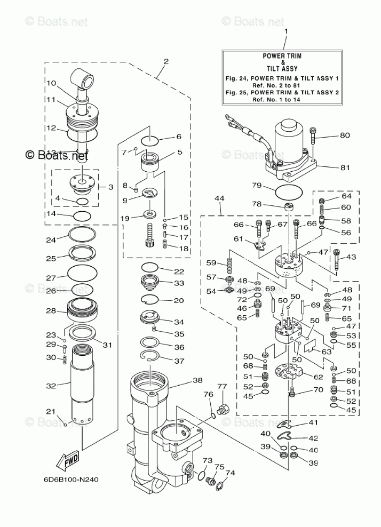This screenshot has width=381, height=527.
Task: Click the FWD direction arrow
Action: (68, 460)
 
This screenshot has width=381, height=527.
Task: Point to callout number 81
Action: (345, 167)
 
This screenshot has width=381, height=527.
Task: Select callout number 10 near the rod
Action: (51, 83)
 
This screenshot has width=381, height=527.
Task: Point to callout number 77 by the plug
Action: (221, 387)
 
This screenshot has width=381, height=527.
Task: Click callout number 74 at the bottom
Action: (230, 473)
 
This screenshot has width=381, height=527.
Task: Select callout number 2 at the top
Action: (166, 61)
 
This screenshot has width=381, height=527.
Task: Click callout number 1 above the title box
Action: (287, 31)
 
